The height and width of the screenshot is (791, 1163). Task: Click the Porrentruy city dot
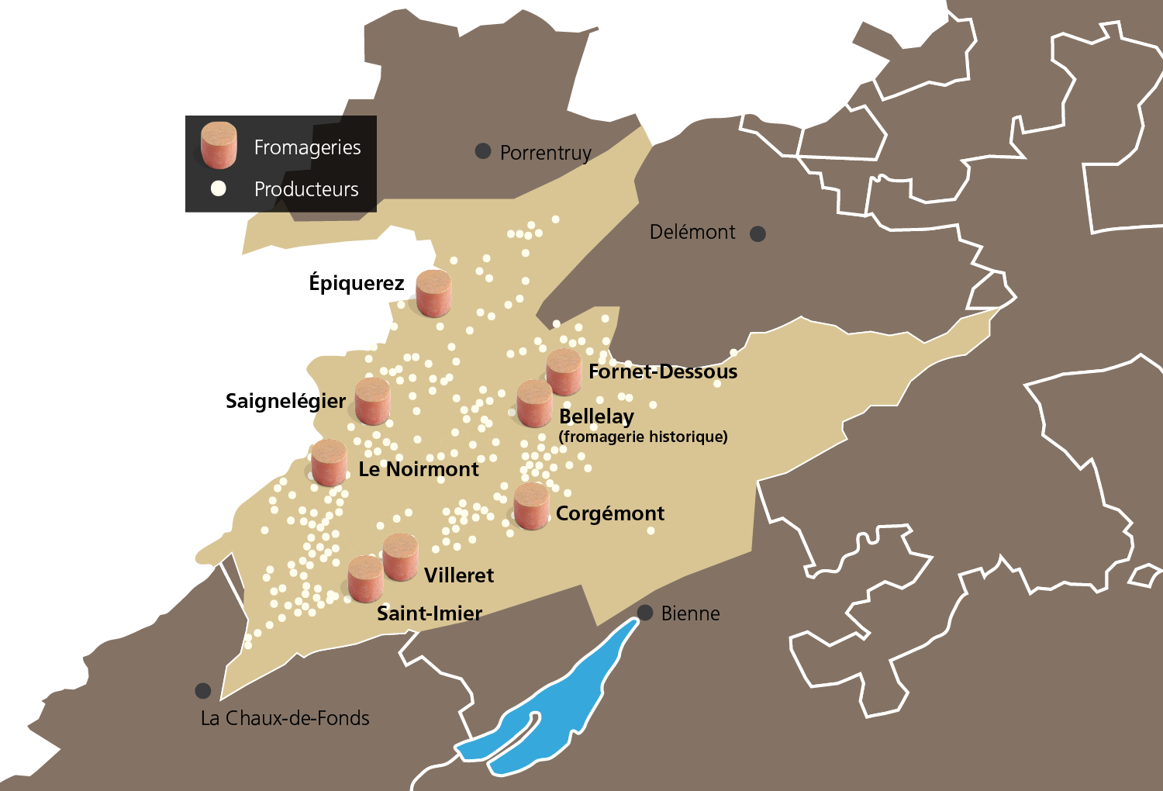[483, 151]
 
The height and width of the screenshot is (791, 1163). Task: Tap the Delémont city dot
[758, 233]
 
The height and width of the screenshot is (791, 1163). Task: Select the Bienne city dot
[645, 613]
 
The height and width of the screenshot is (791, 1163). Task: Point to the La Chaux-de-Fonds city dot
[203, 690]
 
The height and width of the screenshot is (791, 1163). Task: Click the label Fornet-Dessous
[663, 371]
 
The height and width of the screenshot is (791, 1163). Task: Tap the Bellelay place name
[596, 416]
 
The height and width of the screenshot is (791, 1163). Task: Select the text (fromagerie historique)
[643, 437]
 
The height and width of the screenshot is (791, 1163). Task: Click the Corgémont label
[610, 513]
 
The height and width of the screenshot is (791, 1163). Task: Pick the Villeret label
[459, 575]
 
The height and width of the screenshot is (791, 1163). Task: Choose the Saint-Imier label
[430, 613]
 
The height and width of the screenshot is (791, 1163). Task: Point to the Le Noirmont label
[419, 469]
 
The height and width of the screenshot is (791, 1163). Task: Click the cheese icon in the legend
[219, 145]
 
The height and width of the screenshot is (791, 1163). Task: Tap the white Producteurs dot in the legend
[219, 188]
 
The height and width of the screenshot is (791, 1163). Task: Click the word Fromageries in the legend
[307, 147]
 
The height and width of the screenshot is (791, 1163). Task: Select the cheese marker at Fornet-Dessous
[564, 372]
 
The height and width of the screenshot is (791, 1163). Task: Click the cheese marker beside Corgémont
[531, 506]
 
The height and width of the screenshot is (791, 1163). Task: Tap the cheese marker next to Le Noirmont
[329, 463]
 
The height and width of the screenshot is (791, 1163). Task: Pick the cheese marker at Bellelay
[535, 403]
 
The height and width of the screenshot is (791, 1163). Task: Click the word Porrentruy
[545, 153]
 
